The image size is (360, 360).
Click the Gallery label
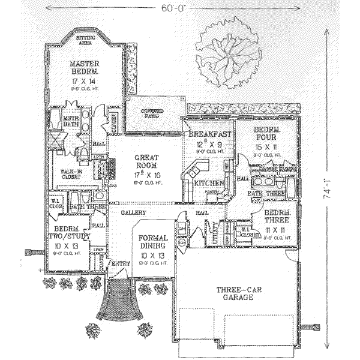click(134, 212)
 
